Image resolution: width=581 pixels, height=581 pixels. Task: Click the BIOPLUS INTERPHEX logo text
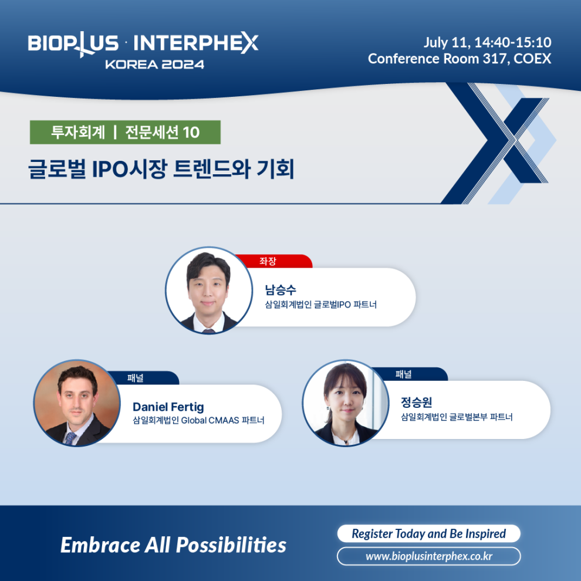click(143, 44)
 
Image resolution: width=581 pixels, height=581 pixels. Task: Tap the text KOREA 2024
click(154, 65)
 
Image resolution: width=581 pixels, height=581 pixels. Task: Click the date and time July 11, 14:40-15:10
click(487, 43)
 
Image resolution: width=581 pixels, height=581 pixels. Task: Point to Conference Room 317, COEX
click(460, 59)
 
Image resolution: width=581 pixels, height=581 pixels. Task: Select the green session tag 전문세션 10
click(125, 132)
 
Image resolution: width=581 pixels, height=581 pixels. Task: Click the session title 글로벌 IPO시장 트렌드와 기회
click(161, 169)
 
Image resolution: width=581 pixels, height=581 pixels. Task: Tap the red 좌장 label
click(273, 261)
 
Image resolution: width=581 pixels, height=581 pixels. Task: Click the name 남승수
click(281, 289)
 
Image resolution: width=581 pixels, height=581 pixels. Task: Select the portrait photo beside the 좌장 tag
click(209, 290)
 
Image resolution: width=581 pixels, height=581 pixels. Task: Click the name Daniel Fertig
click(168, 407)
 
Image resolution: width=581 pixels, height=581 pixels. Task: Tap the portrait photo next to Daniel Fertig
click(77, 403)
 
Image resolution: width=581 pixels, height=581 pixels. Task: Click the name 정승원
click(417, 402)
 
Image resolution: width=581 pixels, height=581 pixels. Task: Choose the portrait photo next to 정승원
click(346, 403)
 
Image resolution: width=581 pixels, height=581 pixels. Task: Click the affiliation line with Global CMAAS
click(198, 420)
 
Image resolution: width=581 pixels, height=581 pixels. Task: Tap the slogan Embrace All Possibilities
click(173, 545)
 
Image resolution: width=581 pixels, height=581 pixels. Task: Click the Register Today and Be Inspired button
click(429, 533)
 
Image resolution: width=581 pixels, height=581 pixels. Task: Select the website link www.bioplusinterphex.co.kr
click(429, 556)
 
